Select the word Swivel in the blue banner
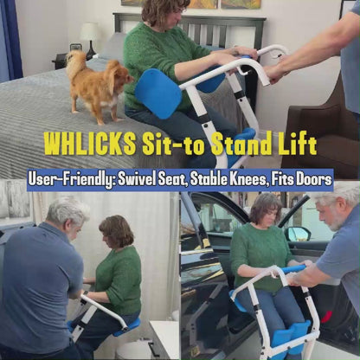156,180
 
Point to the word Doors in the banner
309,180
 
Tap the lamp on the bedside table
90,36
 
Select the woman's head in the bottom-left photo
116,231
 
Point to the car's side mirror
297,234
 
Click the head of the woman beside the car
264,208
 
